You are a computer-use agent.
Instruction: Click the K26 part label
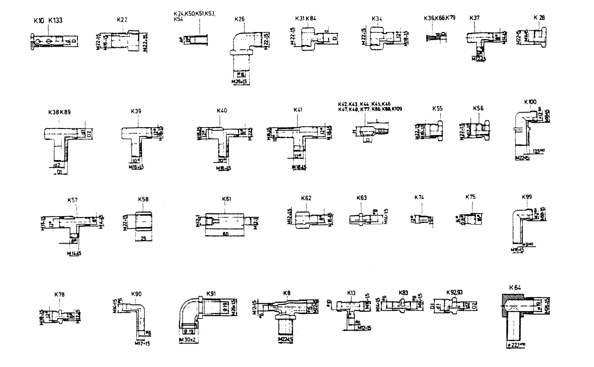click(240, 19)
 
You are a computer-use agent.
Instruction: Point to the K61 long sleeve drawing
click(226, 222)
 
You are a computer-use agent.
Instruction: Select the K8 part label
click(286, 292)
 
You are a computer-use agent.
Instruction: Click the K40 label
click(222, 111)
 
